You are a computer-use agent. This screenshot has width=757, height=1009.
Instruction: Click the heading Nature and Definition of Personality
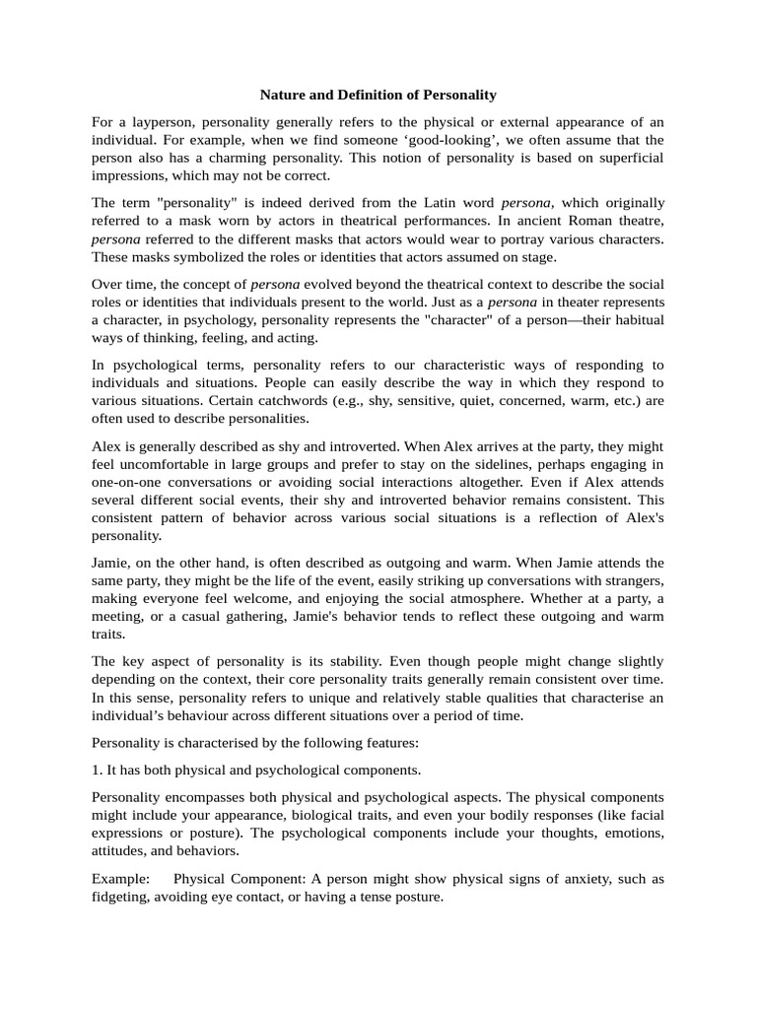pyautogui.click(x=378, y=96)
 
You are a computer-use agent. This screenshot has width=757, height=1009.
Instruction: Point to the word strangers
pyautogui.click(x=631, y=581)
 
